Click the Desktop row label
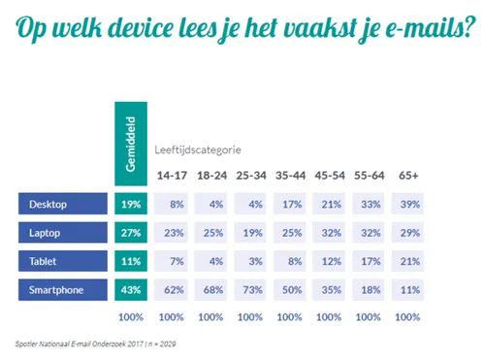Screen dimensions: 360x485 click(61, 204)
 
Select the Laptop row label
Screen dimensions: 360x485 click(61, 233)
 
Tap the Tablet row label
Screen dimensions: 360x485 click(61, 262)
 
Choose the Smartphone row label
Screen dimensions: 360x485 click(61, 291)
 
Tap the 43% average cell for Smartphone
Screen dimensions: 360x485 click(130, 291)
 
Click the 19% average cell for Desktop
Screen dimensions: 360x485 click(130, 204)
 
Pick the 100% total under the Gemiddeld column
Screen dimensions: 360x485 click(130, 317)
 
